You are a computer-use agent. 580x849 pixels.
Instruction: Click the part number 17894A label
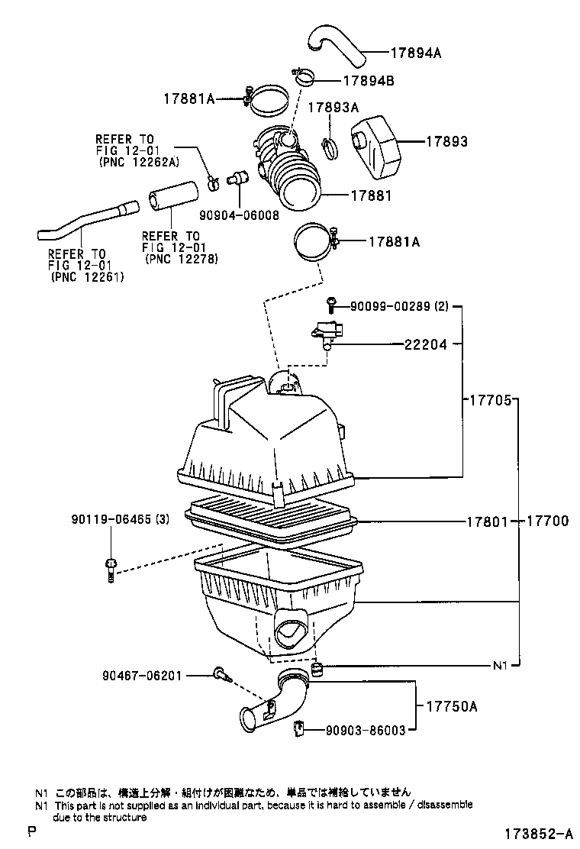click(x=415, y=53)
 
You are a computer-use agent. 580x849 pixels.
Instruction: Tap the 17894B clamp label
click(x=369, y=81)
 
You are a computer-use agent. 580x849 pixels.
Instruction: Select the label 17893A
click(x=333, y=108)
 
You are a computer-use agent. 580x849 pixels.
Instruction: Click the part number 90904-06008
click(x=239, y=215)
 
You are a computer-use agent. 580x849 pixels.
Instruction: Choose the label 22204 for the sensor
click(x=426, y=344)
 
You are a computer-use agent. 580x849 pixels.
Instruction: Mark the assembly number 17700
click(x=547, y=521)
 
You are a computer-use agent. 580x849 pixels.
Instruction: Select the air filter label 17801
click(x=488, y=521)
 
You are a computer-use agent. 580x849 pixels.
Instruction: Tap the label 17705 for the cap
click(x=490, y=400)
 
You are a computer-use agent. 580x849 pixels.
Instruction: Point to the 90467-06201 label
click(x=142, y=676)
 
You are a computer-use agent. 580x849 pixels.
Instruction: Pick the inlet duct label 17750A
click(x=452, y=706)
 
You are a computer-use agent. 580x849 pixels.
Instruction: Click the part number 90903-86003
click(x=366, y=731)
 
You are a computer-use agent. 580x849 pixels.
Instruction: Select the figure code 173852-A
click(x=539, y=832)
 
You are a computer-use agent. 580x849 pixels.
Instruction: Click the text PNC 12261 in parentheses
click(x=86, y=277)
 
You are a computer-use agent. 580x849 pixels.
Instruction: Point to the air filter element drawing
click(x=271, y=517)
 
